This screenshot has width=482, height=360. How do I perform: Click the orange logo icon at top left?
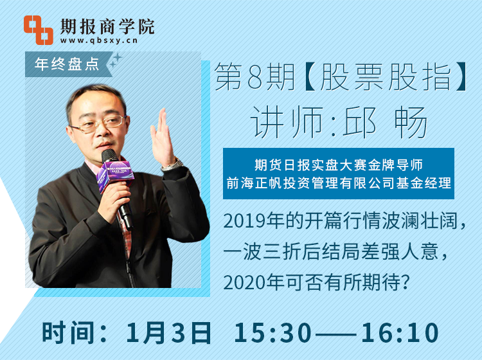[39, 30]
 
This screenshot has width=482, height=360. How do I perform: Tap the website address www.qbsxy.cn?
[99, 40]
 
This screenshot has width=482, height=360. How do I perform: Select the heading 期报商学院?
[107, 26]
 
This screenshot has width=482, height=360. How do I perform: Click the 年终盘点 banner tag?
[67, 64]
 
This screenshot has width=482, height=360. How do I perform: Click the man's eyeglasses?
[99, 124]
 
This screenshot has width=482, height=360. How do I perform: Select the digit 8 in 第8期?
[254, 77]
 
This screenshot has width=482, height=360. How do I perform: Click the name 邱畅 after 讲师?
[384, 122]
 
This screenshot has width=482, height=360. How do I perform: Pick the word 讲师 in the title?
[287, 122]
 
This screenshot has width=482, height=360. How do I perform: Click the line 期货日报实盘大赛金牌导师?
[339, 165]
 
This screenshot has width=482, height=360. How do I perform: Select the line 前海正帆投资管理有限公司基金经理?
[339, 183]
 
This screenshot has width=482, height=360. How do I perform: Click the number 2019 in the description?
[244, 221]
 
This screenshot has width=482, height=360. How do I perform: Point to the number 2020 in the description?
[244, 282]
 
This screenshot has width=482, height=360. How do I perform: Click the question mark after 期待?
[406, 282]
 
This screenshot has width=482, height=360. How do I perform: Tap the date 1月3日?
[168, 333]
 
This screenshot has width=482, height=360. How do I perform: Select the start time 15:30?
[272, 333]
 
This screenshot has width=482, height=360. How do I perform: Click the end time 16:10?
[400, 333]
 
